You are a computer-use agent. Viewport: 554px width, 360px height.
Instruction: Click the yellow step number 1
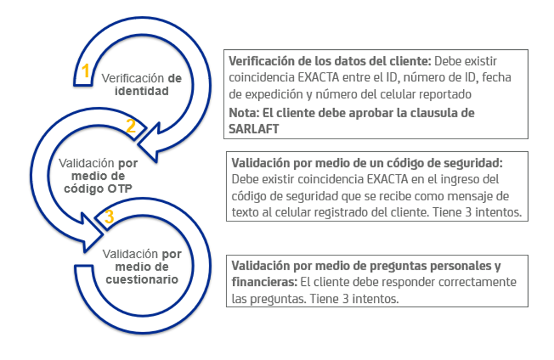85,71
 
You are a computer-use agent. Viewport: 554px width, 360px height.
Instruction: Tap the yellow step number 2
131,126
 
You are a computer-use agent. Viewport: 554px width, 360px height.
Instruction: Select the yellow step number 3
109,217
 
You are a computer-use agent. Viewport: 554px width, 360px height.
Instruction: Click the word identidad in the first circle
142,91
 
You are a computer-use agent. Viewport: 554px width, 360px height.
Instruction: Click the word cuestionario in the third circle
142,279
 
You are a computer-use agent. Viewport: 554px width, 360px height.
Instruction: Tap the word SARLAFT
254,129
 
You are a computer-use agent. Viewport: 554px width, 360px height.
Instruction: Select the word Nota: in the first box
244,113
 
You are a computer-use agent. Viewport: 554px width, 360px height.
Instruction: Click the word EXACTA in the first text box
318,77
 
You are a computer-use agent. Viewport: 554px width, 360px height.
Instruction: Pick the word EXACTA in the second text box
387,179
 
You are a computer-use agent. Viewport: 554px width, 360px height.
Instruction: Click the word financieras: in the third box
265,282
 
